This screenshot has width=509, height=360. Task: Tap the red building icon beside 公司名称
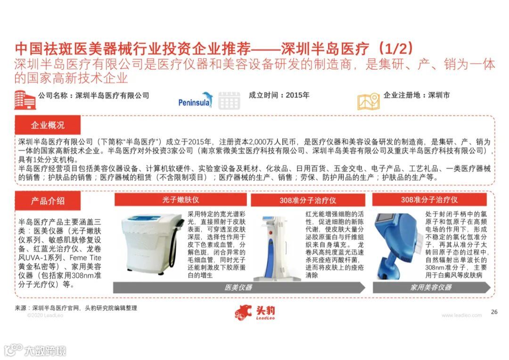pos(25,99)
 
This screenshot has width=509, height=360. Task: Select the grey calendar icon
pos(229,101)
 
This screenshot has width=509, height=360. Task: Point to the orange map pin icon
pos(369,101)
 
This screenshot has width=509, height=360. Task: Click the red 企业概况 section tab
pos(48,125)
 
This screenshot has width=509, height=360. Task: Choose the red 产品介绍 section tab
pos(48,201)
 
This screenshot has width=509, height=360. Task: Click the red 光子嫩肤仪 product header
pos(181,200)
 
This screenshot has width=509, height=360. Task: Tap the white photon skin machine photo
pos(152,244)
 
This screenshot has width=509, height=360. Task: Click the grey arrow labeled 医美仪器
pos(239,287)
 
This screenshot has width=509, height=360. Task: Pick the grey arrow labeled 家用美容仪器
pos(432,287)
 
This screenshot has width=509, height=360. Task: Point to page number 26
pos(494,311)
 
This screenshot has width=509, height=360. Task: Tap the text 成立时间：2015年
pos(279,95)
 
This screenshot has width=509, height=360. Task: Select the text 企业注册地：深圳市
pos(417,95)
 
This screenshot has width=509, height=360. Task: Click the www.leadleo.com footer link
pos(461,315)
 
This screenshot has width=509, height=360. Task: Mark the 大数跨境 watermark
pos(35,350)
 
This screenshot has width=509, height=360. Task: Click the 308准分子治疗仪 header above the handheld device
pos(429,200)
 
